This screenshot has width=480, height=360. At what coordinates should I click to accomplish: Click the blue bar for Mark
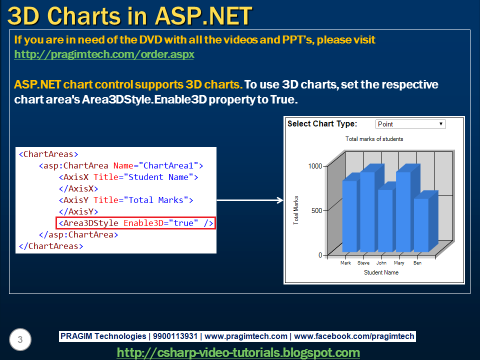(x=349, y=216)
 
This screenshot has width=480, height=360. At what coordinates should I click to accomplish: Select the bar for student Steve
(x=367, y=211)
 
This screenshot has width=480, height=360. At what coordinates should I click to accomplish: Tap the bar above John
(x=385, y=220)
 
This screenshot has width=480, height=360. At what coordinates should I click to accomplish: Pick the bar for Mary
(x=403, y=211)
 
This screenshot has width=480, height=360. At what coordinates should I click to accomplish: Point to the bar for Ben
(x=421, y=225)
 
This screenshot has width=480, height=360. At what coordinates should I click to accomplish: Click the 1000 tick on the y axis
(x=315, y=166)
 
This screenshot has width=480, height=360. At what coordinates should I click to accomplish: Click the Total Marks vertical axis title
(x=296, y=210)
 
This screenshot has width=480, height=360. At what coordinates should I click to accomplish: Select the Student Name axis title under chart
(x=381, y=272)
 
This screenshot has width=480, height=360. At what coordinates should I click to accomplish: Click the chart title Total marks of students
(x=374, y=139)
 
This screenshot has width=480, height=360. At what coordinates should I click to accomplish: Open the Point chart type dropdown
(x=410, y=124)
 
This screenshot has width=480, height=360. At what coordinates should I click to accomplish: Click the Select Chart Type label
(x=322, y=124)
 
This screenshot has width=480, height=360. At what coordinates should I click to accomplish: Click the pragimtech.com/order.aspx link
(x=104, y=54)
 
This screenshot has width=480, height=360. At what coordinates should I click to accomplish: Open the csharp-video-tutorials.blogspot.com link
(x=238, y=352)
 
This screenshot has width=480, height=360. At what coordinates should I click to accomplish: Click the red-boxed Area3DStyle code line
(x=135, y=223)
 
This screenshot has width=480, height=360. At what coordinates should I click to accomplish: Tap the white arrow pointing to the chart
(x=250, y=200)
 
